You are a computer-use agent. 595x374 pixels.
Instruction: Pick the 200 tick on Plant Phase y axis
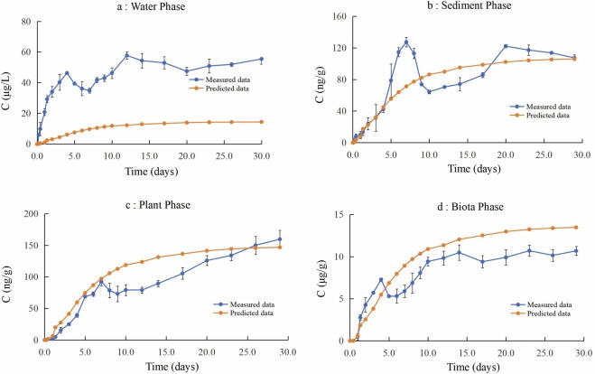[23, 215]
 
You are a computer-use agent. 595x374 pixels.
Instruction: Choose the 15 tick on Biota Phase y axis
[336, 215]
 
